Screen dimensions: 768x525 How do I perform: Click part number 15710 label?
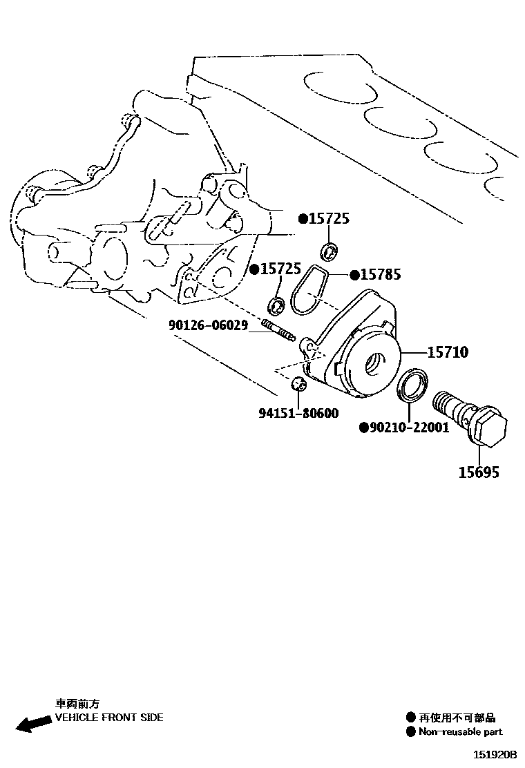448,353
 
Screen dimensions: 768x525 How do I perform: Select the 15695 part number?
479,472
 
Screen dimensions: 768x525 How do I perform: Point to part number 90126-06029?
208,325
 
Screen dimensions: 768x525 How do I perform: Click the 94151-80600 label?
298,414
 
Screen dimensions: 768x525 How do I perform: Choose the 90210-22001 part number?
409,428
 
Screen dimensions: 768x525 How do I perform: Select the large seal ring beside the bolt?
412,385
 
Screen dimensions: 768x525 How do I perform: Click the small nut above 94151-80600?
298,383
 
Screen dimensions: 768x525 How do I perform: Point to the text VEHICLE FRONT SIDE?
109,718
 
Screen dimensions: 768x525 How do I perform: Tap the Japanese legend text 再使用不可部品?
457,718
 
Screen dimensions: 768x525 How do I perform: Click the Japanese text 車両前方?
77,704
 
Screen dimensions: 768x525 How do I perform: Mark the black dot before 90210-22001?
363,428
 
